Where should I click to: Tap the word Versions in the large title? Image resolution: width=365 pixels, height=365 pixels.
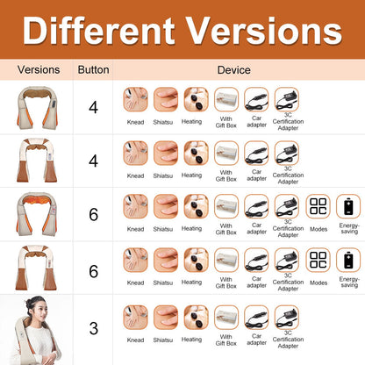pyautogui.click(x=267, y=32)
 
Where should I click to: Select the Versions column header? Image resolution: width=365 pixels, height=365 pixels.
pyautogui.click(x=38, y=69)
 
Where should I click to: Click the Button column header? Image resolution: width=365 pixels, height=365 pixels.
pyautogui.click(x=94, y=69)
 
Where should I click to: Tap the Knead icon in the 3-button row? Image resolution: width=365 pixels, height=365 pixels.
pyautogui.click(x=135, y=318)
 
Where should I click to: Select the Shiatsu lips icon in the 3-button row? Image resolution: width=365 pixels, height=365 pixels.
pyautogui.click(x=166, y=318)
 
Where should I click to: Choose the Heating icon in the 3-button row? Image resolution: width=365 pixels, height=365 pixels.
pyautogui.click(x=196, y=318)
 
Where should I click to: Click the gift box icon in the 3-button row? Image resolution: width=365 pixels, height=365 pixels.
pyautogui.click(x=226, y=318)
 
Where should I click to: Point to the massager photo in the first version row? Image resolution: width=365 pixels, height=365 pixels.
pyautogui.click(x=38, y=109)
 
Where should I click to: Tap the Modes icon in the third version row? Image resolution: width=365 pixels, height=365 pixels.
pyautogui.click(x=318, y=208)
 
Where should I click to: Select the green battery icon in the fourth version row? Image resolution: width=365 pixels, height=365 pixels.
pyautogui.click(x=348, y=261)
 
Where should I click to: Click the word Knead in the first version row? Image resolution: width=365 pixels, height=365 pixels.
pyautogui.click(x=135, y=121)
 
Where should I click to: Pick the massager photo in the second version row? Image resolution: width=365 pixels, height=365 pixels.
pyautogui.click(x=38, y=161)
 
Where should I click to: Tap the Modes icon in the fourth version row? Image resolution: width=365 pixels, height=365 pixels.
pyautogui.click(x=318, y=261)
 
